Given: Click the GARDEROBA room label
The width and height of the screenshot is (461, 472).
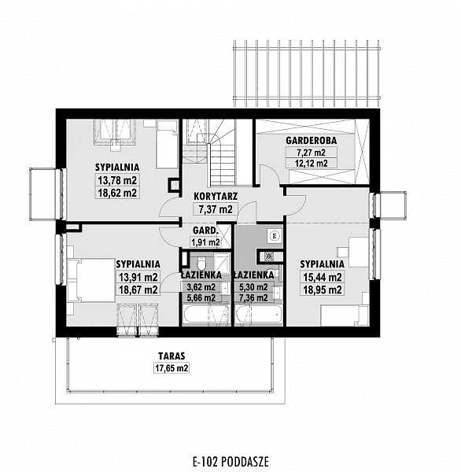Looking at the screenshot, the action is tap(311, 141).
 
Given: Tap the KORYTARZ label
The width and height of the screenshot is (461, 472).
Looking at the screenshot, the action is tap(216, 196).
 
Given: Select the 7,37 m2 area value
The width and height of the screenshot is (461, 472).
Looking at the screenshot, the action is tap(216, 209).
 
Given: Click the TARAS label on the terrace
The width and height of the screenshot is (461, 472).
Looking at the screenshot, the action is tap(171, 356).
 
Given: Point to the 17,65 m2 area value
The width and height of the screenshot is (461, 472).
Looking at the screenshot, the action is tap(171, 368).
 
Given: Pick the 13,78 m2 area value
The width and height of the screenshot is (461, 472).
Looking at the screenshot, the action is tap(117, 180).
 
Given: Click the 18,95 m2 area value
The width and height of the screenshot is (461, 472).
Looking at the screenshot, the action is tap(323, 289).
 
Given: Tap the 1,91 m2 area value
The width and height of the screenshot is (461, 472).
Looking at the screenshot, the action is tap(205, 242).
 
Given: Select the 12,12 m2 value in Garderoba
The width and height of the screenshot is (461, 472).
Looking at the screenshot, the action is tap(311, 164).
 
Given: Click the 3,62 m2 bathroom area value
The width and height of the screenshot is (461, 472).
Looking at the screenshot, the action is tap(201, 287).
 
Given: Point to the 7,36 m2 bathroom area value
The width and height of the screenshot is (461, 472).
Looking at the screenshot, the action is tap(253, 298).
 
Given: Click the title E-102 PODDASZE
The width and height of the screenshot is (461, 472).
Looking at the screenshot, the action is tap(230, 461).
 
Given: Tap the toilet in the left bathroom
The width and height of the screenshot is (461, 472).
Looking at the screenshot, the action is tap(201, 264).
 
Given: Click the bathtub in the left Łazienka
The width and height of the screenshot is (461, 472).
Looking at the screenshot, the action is tap(206, 315).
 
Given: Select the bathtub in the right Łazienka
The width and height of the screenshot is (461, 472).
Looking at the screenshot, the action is tap(259, 315).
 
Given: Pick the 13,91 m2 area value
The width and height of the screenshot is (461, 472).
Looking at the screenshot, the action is tap(138, 277).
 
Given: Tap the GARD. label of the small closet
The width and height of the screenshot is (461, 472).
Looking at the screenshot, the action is tap(205, 230).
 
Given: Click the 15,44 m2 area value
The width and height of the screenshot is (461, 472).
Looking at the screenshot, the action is tap(323, 277).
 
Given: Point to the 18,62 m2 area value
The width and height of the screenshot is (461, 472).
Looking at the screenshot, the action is tap(117, 193).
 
